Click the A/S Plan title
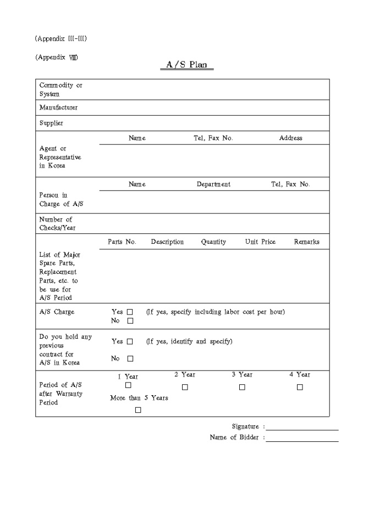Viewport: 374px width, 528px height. (x=187, y=65)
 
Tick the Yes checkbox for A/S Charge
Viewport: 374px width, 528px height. (x=130, y=312)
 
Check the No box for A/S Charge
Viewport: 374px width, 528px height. (x=130, y=321)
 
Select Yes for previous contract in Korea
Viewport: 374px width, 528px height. (x=130, y=341)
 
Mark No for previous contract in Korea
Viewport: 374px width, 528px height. (x=130, y=359)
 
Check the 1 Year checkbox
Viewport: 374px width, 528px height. (x=128, y=385)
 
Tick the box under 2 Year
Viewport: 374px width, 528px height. (x=185, y=387)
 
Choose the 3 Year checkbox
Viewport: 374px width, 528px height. (x=242, y=387)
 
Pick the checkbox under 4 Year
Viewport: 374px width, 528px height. (x=300, y=387)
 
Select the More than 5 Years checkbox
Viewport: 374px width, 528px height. (x=138, y=410)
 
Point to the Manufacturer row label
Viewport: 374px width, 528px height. (x=58, y=108)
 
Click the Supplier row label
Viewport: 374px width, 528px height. (x=51, y=123)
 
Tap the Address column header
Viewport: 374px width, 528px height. (x=290, y=138)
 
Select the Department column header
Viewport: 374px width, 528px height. (x=213, y=184)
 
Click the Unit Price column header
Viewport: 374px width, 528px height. (x=260, y=241)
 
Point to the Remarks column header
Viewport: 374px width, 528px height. (x=306, y=241)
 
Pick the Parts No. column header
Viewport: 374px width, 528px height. (x=122, y=241)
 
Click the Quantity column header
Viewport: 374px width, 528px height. (x=213, y=241)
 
